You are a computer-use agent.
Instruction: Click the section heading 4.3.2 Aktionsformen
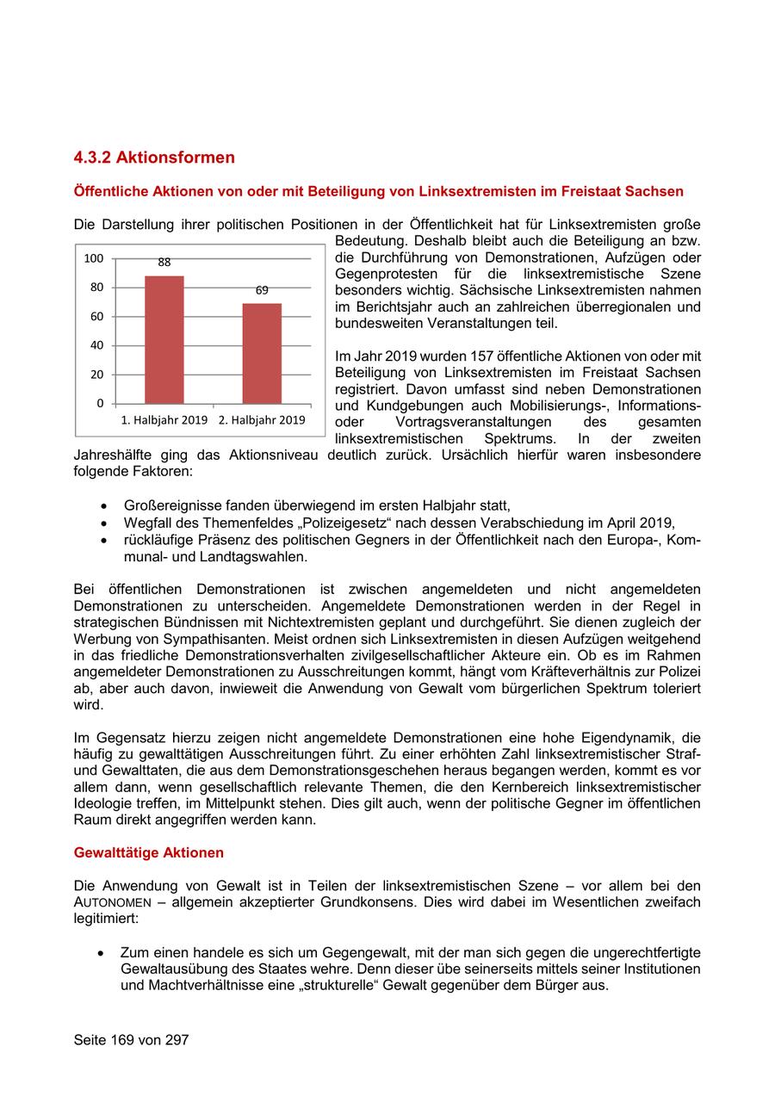(154, 158)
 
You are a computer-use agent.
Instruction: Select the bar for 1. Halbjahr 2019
(164, 339)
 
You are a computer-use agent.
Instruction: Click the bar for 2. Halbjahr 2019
(262, 353)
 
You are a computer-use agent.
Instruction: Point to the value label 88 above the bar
(164, 262)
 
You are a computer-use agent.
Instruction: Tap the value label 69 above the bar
(262, 290)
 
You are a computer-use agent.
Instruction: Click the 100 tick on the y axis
(94, 258)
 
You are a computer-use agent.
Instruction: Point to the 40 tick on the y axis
(96, 345)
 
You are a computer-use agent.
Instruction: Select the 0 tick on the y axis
(100, 403)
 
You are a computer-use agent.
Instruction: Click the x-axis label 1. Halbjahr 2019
(164, 420)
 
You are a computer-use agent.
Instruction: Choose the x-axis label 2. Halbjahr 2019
(262, 420)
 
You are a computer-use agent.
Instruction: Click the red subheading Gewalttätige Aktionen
(148, 852)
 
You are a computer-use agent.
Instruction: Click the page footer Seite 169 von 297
(131, 1040)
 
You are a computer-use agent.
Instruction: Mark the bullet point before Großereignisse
(104, 506)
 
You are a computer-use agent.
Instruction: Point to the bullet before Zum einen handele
(102, 953)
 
